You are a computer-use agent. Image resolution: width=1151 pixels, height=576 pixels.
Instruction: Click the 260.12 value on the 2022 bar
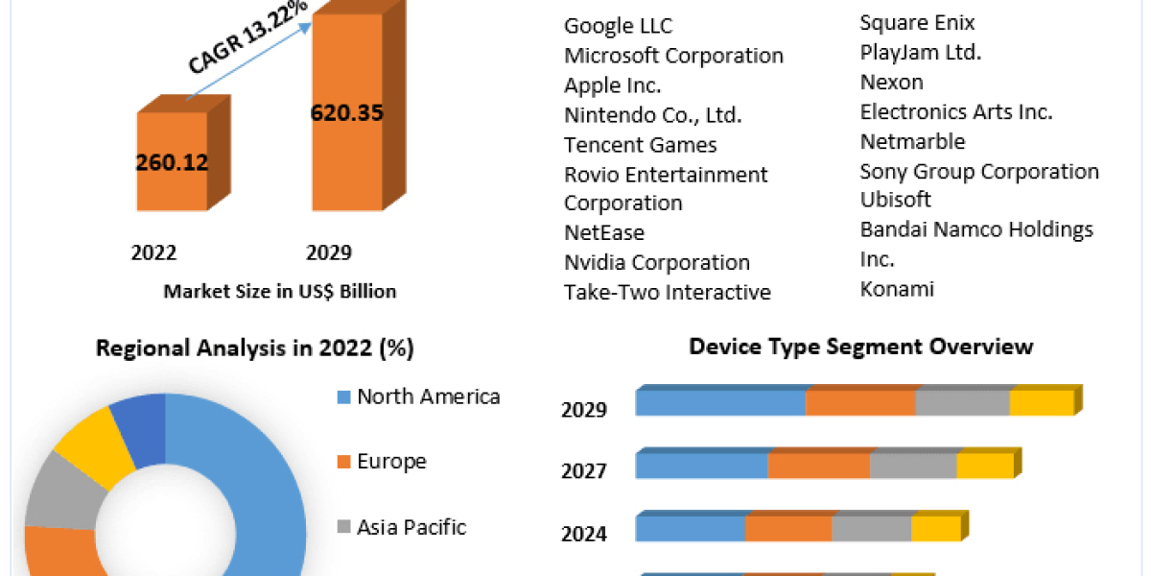(173, 162)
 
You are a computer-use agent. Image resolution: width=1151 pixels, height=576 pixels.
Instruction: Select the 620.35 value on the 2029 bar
(346, 112)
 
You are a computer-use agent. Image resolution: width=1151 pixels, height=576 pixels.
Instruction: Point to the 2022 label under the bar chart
(153, 252)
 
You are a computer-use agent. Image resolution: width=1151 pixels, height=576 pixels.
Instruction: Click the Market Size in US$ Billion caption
(279, 291)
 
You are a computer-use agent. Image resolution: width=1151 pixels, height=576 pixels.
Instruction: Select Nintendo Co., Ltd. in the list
(652, 115)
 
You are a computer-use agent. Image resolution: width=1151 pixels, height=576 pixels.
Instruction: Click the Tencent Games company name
(640, 145)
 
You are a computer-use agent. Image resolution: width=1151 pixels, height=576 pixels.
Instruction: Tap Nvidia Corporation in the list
(656, 262)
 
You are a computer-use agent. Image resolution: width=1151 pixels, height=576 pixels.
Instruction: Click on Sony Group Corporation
(979, 171)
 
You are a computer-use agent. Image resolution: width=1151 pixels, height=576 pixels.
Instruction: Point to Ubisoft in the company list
(895, 200)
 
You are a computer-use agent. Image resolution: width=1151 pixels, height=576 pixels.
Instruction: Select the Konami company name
(897, 288)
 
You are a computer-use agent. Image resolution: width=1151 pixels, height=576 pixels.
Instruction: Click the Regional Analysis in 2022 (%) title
(254, 348)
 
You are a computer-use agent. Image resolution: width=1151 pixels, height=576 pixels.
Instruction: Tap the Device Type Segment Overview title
(860, 346)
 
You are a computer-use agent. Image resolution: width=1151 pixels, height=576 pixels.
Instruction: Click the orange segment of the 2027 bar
(818, 466)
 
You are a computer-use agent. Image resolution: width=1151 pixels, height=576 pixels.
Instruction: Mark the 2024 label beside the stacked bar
(583, 534)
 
